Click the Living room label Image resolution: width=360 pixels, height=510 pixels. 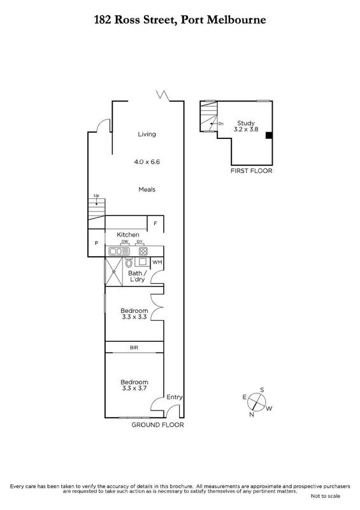pos(147,135)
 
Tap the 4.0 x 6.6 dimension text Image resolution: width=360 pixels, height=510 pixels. pos(147,162)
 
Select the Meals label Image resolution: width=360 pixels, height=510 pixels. pos(147,189)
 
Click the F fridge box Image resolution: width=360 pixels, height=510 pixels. pos(155,224)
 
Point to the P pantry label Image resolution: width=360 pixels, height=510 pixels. pos(96,244)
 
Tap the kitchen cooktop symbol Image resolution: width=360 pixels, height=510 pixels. pos(143,251)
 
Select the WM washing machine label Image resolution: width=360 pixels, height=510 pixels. pos(157,263)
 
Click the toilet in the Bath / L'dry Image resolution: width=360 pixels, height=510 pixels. pos(129,263)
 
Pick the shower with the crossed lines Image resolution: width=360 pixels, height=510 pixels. pos(113,272)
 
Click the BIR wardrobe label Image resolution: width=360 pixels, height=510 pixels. pos(134,347)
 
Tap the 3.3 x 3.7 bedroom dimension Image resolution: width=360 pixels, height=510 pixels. pos(134,388)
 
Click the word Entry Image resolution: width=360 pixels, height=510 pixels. pos(175,397)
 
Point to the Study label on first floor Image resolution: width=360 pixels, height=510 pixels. pos(245,123)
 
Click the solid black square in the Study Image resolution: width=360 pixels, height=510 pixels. pos(269,135)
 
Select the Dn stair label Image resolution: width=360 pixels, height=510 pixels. pos(221,124)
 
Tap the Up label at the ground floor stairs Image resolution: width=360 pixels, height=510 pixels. pos(96,196)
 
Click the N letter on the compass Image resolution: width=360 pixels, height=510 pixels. pos(252,414)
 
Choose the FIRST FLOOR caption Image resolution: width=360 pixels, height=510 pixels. pos(252,171)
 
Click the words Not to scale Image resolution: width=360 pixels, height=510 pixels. pos(325,496)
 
